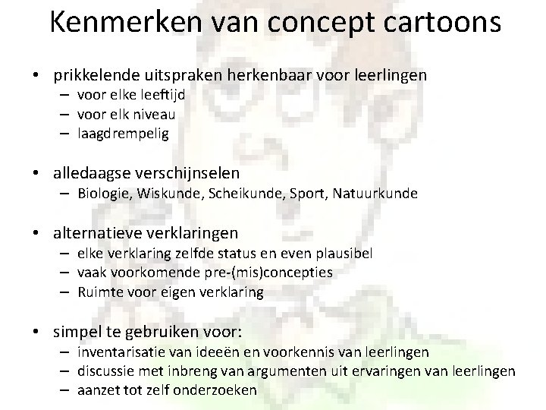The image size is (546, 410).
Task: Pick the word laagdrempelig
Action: coord(124,133)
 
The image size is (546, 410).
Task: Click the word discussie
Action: coord(106,371)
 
